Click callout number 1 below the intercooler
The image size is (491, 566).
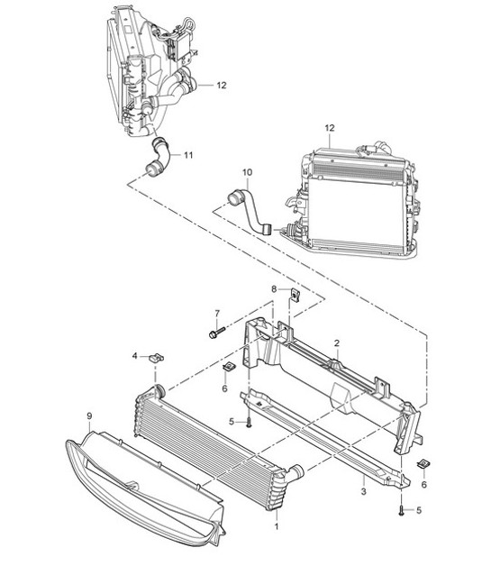277,525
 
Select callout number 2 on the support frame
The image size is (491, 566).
335,343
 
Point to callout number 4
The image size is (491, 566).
135,356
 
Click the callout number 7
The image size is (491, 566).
217,314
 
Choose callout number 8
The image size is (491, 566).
274,288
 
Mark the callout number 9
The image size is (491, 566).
89,415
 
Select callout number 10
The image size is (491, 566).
247,170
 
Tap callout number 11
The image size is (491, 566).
188,155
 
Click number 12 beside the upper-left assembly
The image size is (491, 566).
222,85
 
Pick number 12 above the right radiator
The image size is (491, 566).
330,128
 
